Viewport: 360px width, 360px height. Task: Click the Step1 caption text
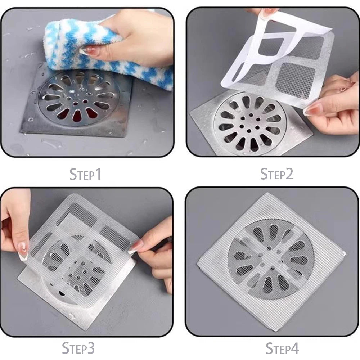[x=85, y=174]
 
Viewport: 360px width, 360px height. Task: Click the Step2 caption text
[x=276, y=174]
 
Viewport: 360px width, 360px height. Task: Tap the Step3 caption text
[x=78, y=348]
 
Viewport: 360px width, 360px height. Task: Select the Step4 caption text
[x=282, y=348]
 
